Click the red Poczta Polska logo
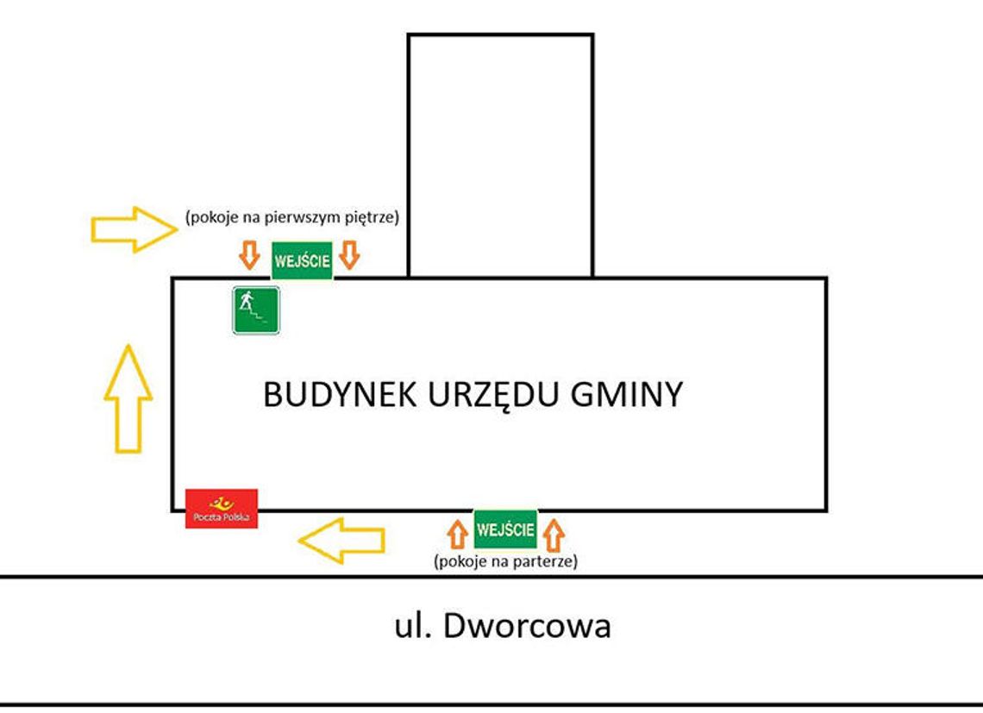click(222, 508)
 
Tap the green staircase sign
click(256, 310)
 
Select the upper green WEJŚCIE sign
click(302, 260)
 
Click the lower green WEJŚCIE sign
click(505, 528)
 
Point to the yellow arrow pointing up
click(128, 397)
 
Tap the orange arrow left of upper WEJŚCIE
click(249, 255)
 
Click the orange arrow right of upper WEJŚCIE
click(348, 255)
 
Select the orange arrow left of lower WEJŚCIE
click(459, 535)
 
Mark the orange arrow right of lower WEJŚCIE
click(554, 535)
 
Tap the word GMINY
click(628, 395)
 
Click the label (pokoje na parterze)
click(505, 561)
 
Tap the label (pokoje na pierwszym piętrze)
click(291, 218)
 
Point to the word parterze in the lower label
click(545, 561)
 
